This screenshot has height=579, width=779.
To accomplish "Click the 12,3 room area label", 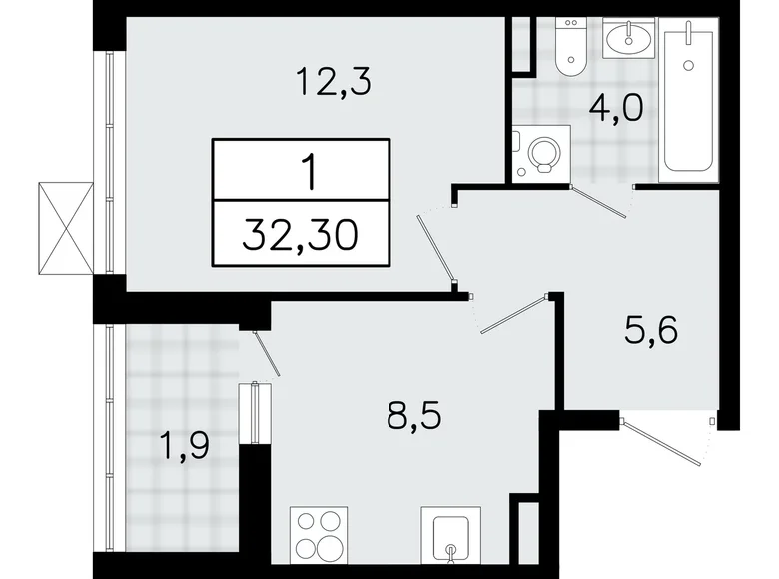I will tap(333, 81).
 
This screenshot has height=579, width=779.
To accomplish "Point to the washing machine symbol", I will tap(540, 153).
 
